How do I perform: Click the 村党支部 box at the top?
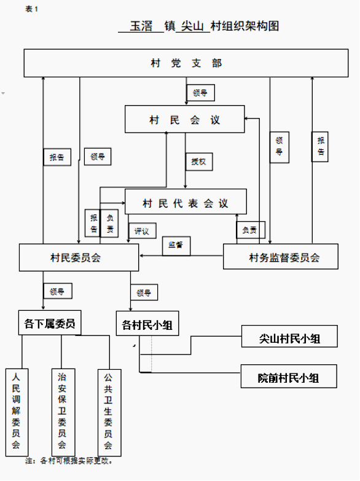tap(186, 63)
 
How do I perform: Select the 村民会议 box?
tap(185, 119)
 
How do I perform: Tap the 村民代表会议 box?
tap(186, 201)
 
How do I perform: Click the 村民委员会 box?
tap(79, 257)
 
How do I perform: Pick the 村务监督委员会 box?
tap(281, 257)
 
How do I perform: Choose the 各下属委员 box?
tap(50, 323)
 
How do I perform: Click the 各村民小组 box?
tap(147, 324)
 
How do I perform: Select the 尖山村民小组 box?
tap(289, 337)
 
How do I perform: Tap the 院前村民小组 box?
tap(289, 377)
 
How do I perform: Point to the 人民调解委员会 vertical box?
tap(17, 412)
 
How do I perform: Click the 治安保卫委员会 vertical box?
tap(63, 412)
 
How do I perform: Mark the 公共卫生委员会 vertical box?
tap(109, 413)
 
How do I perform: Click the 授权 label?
tap(199, 162)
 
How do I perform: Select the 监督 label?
tap(176, 246)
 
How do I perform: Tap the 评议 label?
tap(142, 231)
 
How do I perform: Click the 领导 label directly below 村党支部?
tap(200, 93)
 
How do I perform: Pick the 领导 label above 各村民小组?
tap(144, 292)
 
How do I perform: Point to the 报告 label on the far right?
tap(320, 147)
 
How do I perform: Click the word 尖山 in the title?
tap(192, 26)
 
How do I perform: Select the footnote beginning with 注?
tap(69, 461)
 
